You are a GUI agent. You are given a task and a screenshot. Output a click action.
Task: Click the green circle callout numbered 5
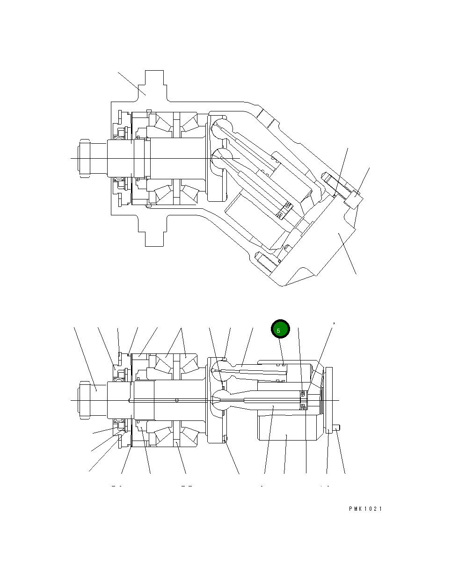(x=280, y=330)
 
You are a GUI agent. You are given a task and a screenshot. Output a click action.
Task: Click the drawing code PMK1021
(x=365, y=509)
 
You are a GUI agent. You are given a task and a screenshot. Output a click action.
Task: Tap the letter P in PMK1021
(x=350, y=509)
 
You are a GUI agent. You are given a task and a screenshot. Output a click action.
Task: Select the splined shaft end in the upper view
(x=85, y=159)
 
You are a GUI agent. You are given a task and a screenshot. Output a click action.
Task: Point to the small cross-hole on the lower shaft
(x=176, y=400)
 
